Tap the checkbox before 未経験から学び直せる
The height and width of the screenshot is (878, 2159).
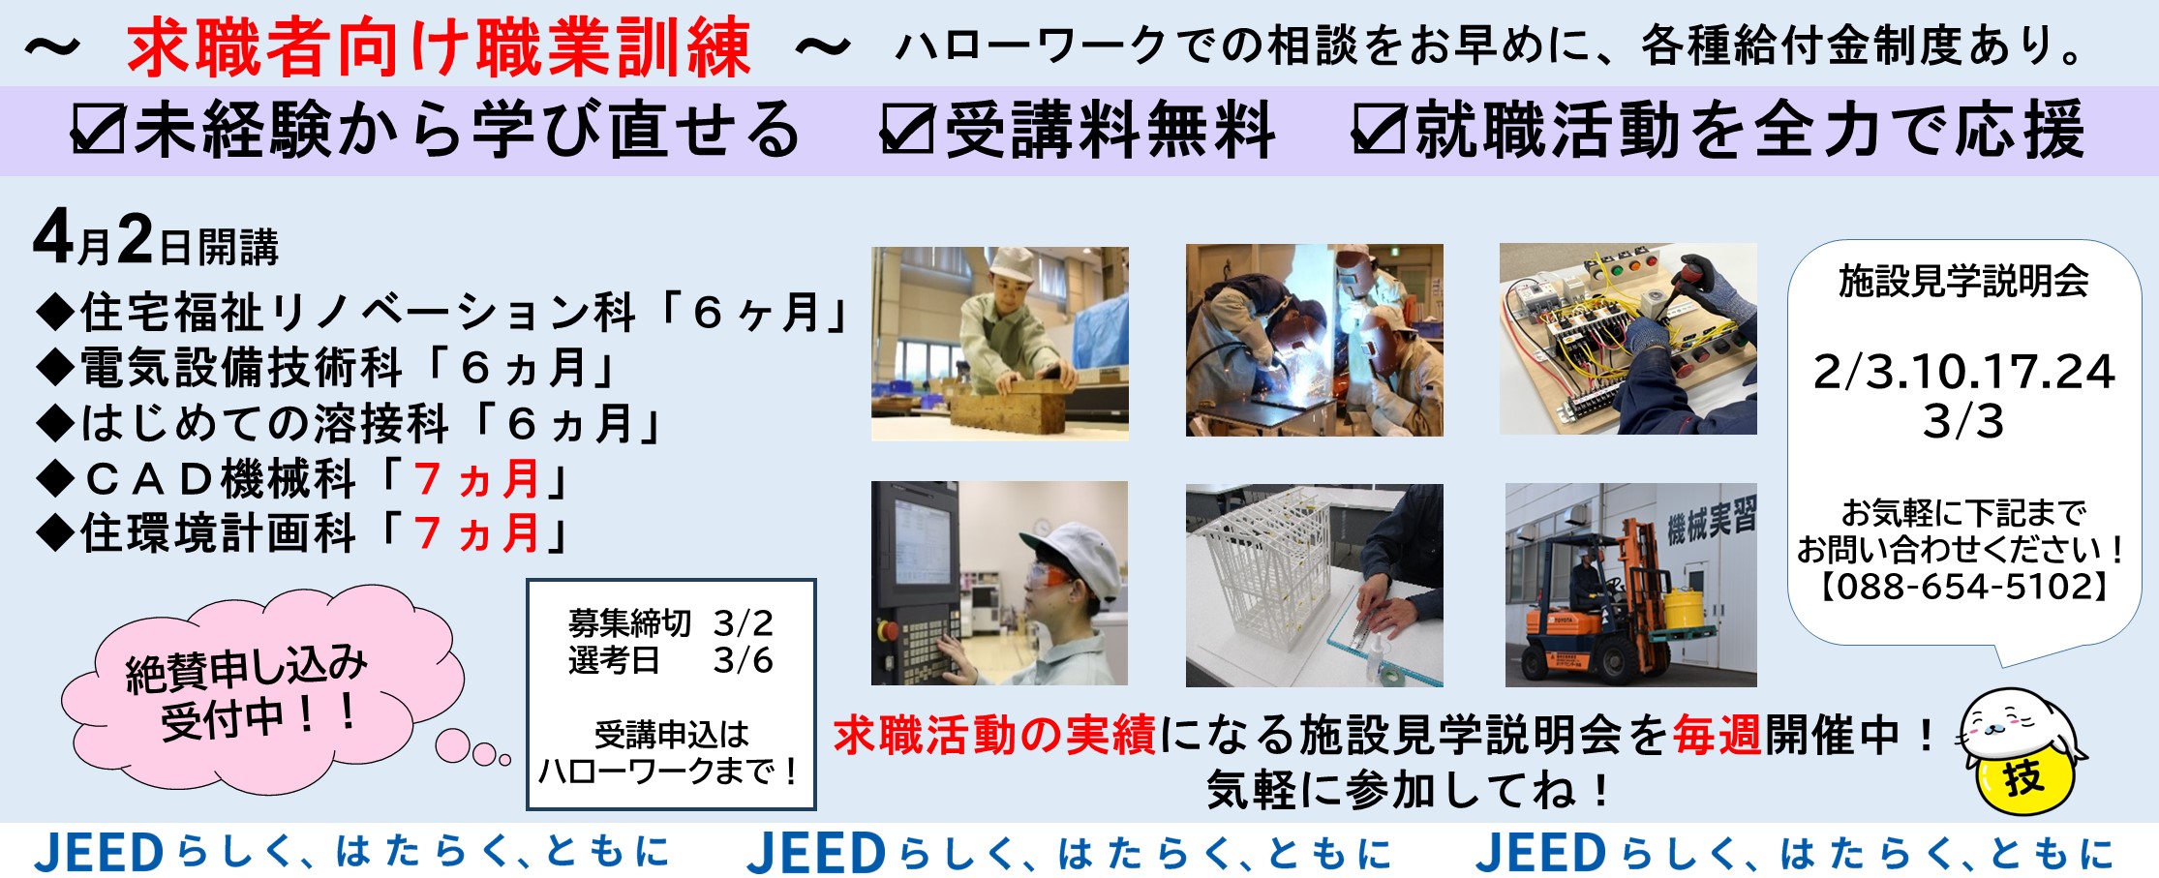click(98, 130)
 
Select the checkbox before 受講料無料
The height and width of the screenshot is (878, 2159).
click(906, 130)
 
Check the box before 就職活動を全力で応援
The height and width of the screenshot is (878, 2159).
click(1378, 130)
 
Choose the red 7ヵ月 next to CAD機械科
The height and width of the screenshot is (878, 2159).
click(475, 478)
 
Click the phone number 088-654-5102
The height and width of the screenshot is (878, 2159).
click(1962, 586)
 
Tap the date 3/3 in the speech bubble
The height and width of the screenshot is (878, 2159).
click(1962, 421)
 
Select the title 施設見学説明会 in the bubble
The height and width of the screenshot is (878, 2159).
click(1962, 281)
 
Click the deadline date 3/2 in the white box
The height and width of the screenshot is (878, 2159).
click(743, 623)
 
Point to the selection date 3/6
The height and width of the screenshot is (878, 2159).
click(743, 661)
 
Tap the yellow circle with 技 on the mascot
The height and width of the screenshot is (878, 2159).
click(2022, 778)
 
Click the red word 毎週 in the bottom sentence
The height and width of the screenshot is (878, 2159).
click(1717, 736)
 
